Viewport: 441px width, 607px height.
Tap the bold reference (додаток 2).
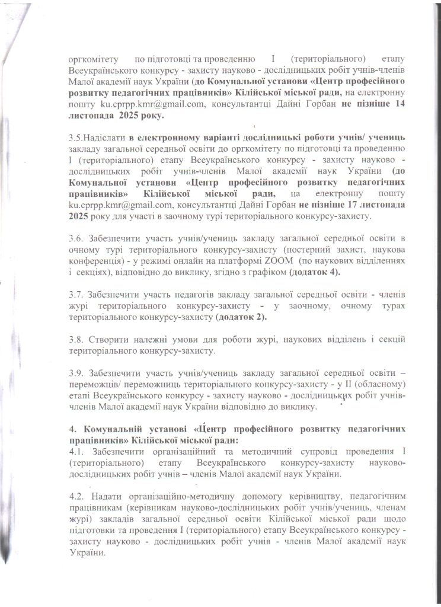coord(241,317)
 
